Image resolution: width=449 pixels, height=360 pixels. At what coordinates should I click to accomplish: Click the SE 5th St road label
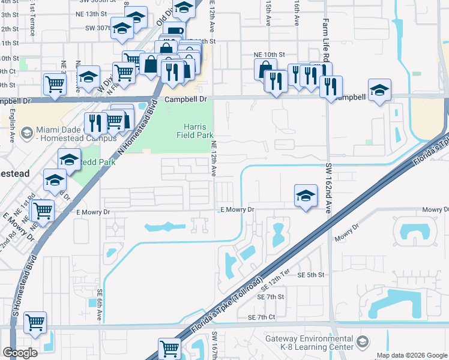pyautogui.click(x=311, y=274)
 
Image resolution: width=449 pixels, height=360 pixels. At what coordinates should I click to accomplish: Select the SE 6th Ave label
pyautogui.click(x=100, y=299)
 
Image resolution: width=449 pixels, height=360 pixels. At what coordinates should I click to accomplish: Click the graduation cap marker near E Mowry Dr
pyautogui.click(x=306, y=195)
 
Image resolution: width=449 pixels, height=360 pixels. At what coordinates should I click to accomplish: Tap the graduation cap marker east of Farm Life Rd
pyautogui.click(x=379, y=90)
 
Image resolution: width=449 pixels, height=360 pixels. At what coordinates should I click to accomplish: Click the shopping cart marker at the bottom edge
pyautogui.click(x=169, y=347)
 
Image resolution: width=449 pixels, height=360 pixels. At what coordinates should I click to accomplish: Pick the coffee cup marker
pyautogui.click(x=174, y=32)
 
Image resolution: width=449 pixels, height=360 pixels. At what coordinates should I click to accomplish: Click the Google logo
pyautogui.click(x=20, y=352)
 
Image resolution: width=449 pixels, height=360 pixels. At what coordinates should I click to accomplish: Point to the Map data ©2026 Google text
pyautogui.click(x=411, y=355)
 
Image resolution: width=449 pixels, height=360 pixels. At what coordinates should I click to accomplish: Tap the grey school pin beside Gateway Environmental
pyautogui.click(x=362, y=342)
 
